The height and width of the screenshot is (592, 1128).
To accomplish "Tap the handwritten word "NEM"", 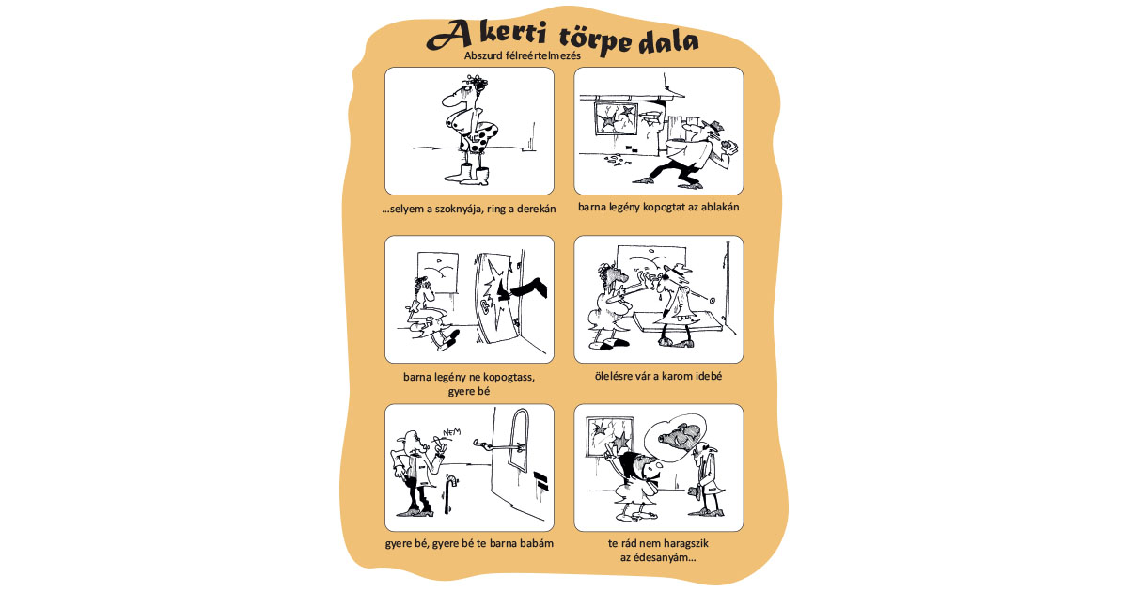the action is point(452,432).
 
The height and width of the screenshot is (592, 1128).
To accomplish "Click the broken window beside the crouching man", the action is point(616,118).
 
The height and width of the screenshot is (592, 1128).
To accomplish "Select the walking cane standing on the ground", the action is point(449,493).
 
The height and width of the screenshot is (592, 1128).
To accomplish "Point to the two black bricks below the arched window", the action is point(540,480).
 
